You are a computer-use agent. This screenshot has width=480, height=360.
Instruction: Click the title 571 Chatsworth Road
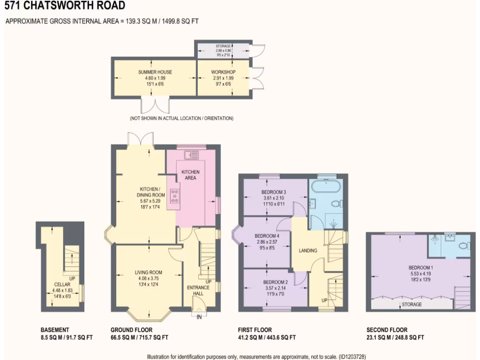point(65,6)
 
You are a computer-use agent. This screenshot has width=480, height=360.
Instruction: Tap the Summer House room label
point(155,72)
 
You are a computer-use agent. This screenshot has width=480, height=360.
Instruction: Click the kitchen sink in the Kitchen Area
point(192,154)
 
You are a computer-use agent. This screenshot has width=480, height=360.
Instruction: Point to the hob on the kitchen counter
point(175,195)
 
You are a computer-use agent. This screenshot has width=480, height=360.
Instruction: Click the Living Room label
point(148,272)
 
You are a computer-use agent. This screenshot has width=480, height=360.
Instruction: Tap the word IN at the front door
point(199,317)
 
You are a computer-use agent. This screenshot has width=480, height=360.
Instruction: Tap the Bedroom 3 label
point(274,192)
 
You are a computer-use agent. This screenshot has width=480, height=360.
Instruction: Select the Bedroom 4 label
point(267,236)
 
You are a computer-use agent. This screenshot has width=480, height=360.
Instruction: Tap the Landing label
point(308,250)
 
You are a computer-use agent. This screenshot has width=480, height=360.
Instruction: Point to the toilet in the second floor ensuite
point(464,245)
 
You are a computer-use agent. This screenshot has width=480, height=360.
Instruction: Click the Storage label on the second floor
point(412,304)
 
